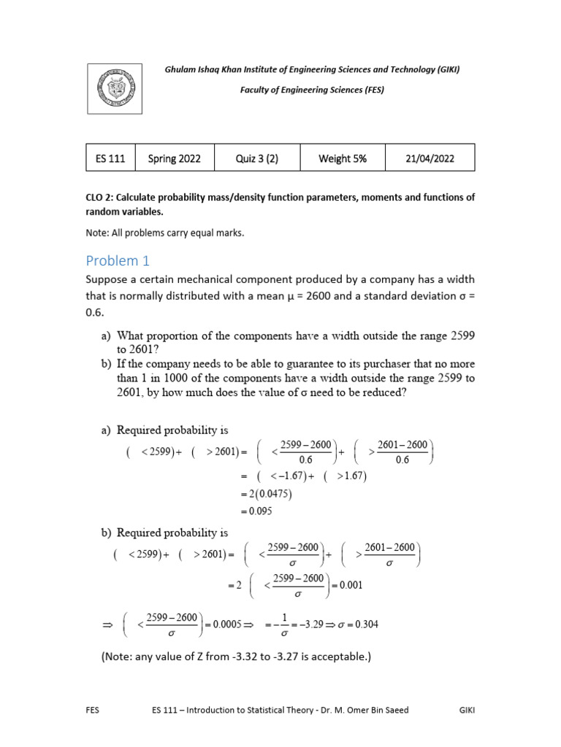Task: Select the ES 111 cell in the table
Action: [110, 158]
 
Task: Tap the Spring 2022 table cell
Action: [174, 158]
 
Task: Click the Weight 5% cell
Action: [343, 158]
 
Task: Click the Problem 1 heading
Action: [117, 260]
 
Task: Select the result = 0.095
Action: [255, 511]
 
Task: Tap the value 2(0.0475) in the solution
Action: [265, 494]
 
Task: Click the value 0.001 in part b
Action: [347, 584]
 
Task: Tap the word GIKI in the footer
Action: [467, 709]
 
